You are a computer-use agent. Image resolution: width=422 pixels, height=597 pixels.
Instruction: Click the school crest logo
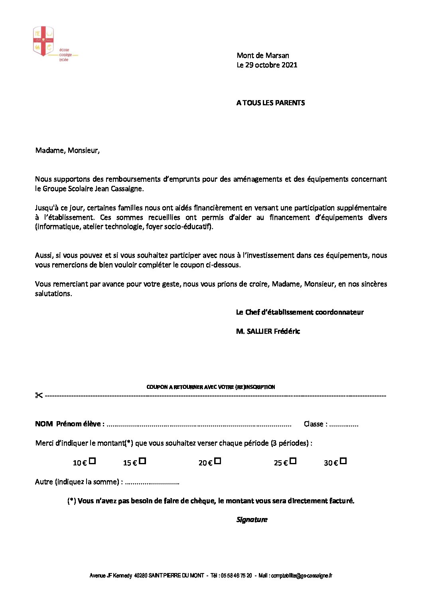pyautogui.click(x=43, y=41)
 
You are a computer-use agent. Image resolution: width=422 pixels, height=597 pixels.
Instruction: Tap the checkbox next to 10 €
pyautogui.click(x=92, y=461)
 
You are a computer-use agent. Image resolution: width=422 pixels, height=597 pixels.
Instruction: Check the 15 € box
pyautogui.click(x=142, y=461)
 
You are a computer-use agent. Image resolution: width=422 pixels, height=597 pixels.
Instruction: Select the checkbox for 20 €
pyautogui.click(x=217, y=461)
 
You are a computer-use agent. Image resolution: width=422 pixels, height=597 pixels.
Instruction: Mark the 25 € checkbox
pyautogui.click(x=293, y=461)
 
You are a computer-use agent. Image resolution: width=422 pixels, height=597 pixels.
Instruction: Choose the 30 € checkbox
pyautogui.click(x=343, y=461)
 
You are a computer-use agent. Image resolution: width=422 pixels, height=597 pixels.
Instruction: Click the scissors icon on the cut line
pyautogui.click(x=39, y=395)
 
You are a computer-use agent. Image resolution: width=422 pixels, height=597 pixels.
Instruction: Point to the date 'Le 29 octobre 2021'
pyautogui.click(x=267, y=65)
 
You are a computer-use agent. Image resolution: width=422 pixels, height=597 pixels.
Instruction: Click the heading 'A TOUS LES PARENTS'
pyautogui.click(x=270, y=103)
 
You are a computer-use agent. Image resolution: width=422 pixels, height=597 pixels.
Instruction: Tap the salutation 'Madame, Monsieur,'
pyautogui.click(x=67, y=150)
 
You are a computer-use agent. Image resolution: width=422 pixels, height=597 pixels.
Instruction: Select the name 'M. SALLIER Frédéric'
pyautogui.click(x=268, y=331)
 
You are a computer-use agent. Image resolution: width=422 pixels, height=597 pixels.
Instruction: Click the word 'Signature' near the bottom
pyautogui.click(x=252, y=520)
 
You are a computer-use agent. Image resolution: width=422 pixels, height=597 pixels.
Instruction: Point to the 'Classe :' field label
pyautogui.click(x=316, y=424)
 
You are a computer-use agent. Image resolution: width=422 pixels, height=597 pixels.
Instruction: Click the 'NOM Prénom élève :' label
pyautogui.click(x=70, y=424)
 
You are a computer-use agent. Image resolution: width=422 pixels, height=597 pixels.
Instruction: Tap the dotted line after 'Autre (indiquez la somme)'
pyautogui.click(x=152, y=483)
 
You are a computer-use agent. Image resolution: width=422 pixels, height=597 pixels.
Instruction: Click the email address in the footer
pyautogui.click(x=302, y=575)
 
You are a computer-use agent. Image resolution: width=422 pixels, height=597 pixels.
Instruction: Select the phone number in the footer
pyautogui.click(x=237, y=575)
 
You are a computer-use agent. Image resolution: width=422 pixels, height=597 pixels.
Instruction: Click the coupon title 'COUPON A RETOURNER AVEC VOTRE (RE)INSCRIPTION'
pyautogui.click(x=211, y=387)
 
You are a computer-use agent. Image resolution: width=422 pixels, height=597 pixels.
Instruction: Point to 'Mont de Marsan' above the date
pyautogui.click(x=263, y=55)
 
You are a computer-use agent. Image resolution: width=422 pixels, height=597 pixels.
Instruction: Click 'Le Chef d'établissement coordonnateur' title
pyautogui.click(x=300, y=312)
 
